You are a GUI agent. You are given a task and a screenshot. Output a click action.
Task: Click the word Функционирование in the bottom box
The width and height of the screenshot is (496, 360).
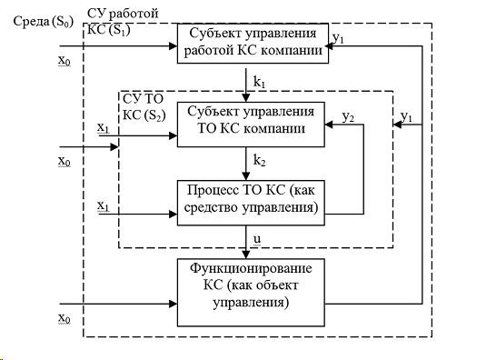point(251,269)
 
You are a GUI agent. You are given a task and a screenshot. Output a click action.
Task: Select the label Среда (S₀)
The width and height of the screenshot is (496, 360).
point(44,22)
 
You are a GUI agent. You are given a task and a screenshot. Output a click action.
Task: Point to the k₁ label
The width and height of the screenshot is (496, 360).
point(260,82)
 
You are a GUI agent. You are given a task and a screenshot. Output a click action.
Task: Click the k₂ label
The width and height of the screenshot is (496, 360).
point(260,161)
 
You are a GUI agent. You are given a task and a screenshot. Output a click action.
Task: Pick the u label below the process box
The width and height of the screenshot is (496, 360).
point(257,238)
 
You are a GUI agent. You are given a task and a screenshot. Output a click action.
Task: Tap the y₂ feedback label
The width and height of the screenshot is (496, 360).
point(348,117)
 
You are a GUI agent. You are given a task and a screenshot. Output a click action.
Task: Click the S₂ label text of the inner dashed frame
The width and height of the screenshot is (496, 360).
point(144,115)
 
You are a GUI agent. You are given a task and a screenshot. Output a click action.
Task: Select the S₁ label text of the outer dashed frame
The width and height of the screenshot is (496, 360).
point(109,30)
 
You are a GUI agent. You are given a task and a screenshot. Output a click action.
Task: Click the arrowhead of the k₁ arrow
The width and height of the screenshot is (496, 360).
point(246,98)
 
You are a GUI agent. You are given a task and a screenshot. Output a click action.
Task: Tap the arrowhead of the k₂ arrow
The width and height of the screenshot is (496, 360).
point(246,176)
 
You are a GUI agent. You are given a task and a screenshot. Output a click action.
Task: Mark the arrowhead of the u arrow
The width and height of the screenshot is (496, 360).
point(246,255)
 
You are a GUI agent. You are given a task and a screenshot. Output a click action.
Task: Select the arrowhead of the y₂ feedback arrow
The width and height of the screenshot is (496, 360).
point(329,125)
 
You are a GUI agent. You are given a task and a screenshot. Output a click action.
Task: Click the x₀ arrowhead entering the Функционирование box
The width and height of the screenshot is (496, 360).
point(174,304)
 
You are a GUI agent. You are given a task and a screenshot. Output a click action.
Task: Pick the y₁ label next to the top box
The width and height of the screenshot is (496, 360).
point(339,38)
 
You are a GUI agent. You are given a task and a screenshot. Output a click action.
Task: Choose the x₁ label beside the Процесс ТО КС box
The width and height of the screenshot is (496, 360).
point(104,206)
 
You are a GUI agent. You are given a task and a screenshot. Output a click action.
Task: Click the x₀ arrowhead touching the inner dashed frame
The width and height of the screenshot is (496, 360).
point(114,147)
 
